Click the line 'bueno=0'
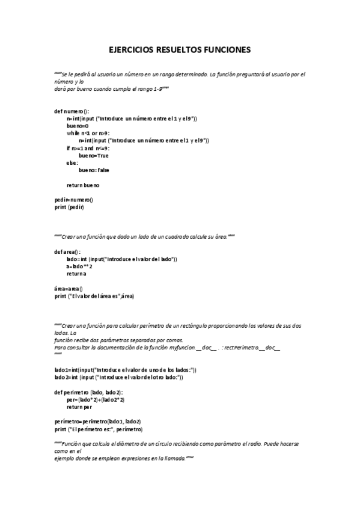point(78,126)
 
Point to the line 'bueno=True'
point(93,155)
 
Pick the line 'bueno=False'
point(94,170)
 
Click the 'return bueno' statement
point(83,185)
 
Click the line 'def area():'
point(67,251)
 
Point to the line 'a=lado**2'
point(80,266)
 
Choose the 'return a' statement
point(76,274)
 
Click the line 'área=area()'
point(69,288)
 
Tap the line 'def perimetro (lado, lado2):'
point(88,392)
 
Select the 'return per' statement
point(81,407)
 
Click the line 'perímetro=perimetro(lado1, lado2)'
point(97,422)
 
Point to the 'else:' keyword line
point(72,162)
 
